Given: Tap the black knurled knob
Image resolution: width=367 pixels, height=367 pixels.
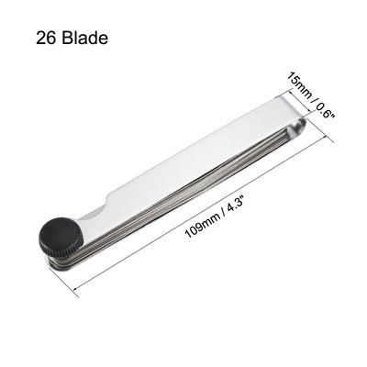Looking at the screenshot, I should point(61,241).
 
